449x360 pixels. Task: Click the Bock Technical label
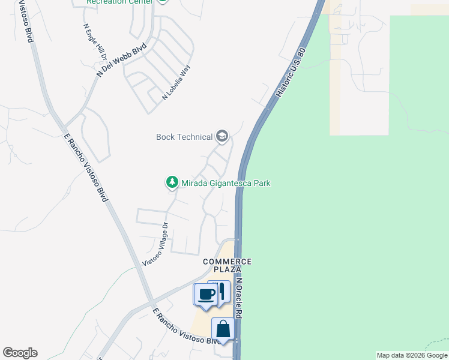(x=184, y=137)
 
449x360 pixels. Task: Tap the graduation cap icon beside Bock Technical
(x=222, y=137)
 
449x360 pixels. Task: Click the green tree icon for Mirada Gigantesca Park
(x=172, y=182)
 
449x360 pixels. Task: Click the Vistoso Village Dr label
(x=156, y=245)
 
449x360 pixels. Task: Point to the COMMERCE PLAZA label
(x=227, y=266)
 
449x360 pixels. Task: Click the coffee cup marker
(x=206, y=295)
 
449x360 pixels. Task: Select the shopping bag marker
(x=223, y=329)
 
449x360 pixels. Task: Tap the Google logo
(x=20, y=353)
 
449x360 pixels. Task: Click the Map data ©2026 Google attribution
(x=412, y=355)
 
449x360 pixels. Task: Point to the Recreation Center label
(x=120, y=2)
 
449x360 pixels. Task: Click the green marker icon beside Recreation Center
(x=162, y=1)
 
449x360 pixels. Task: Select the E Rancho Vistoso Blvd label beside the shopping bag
(x=186, y=328)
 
